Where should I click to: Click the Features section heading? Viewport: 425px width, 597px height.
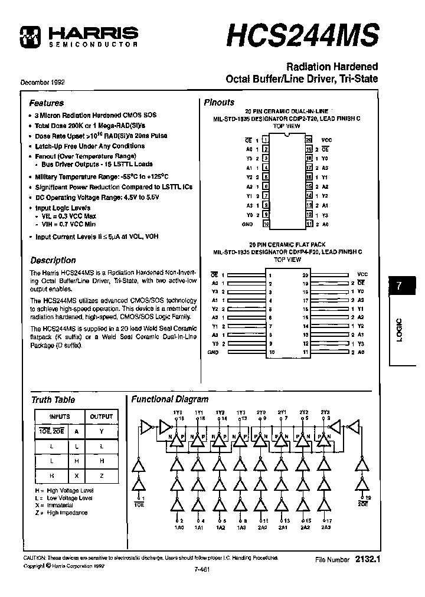47,103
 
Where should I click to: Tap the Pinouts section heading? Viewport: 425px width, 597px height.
219,102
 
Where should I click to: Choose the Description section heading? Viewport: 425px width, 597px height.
53,260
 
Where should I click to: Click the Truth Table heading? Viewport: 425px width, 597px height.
53,400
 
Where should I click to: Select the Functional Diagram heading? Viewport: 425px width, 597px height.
169,399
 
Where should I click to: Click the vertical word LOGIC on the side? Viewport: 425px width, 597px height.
399,332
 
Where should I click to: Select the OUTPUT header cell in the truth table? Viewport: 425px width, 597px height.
102,416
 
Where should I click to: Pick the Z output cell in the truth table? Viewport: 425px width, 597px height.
102,475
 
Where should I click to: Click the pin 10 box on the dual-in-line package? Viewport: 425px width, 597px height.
266,224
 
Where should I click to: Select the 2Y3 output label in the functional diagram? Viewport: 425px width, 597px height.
324,412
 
